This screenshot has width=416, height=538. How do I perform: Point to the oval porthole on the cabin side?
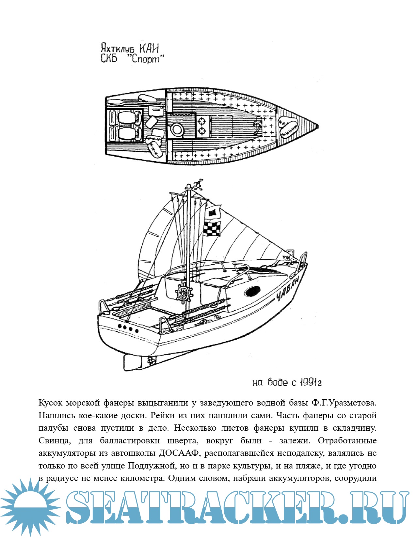pyautogui.click(x=252, y=291)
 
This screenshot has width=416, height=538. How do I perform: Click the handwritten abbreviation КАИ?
pyautogui.click(x=149, y=48)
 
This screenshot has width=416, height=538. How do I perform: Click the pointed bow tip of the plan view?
pyautogui.click(x=317, y=126)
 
